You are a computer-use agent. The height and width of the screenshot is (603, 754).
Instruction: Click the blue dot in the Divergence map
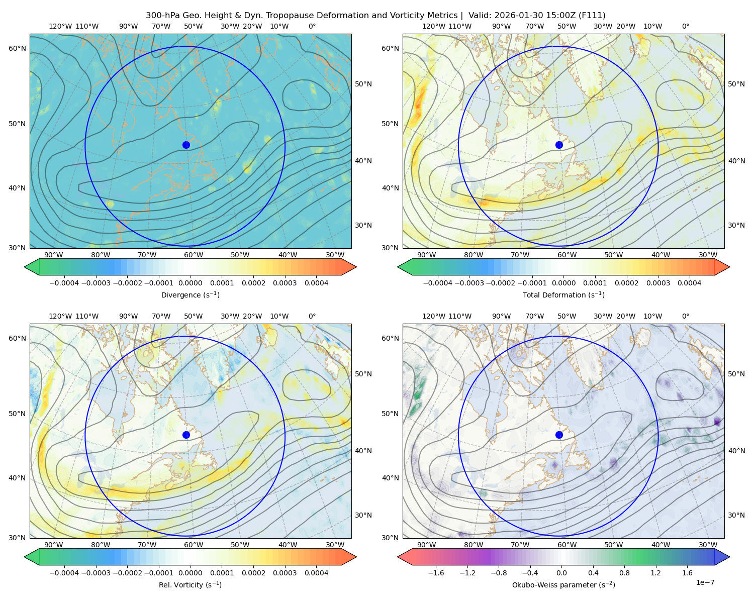point(186,145)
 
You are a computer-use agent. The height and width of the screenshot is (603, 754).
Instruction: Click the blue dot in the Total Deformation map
point(559,145)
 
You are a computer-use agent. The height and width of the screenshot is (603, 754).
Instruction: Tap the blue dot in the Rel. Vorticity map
point(186,435)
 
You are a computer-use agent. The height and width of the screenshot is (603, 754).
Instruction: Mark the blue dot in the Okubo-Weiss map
point(559,435)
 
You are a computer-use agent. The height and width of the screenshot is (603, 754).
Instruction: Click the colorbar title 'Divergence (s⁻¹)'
point(190,294)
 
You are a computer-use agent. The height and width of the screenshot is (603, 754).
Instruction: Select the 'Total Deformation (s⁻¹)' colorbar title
point(563,294)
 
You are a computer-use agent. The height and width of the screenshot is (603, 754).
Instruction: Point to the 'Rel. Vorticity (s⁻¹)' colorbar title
point(190,584)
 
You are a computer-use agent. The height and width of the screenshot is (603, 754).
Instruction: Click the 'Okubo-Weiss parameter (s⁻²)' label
point(563,584)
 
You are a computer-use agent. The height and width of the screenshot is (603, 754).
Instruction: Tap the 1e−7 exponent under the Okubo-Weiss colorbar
point(705,582)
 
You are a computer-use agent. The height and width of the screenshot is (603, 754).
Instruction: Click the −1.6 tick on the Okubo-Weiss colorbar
point(436,572)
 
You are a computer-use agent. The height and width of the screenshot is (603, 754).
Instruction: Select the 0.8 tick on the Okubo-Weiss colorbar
point(624,572)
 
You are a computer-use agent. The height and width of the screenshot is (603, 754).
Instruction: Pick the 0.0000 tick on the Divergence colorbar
point(190,283)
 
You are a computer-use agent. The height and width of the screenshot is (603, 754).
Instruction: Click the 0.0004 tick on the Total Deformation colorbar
point(689,283)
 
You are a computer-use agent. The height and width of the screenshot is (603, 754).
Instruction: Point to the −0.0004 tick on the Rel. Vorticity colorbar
point(64,572)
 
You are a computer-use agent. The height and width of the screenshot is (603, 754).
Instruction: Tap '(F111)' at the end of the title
point(592,16)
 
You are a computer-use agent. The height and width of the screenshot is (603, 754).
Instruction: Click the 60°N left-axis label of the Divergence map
point(17,48)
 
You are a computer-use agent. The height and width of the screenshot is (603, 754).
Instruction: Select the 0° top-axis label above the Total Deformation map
point(685,26)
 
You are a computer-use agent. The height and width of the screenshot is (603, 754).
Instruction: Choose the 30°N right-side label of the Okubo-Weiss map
point(736,515)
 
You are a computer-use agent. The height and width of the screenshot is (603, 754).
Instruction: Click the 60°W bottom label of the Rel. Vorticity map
point(194,545)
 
